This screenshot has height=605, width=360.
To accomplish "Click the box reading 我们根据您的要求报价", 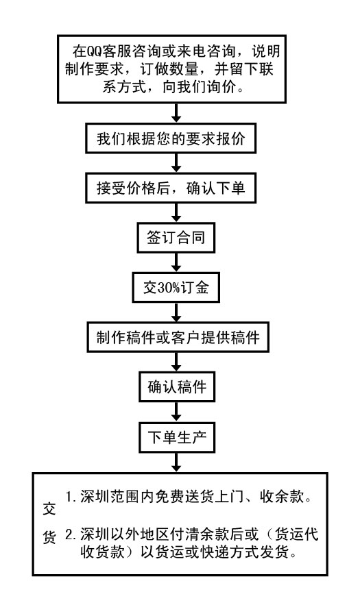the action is (x=171, y=138).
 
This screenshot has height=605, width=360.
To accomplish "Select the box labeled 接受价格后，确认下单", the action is (x=171, y=188).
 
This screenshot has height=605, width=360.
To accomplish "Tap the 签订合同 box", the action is (x=176, y=238).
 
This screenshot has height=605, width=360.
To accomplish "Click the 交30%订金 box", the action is (x=176, y=288).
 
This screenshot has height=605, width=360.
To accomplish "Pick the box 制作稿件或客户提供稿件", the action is (x=178, y=337).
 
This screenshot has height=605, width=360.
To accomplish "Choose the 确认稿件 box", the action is (x=177, y=386).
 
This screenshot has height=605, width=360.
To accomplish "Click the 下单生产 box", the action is (x=177, y=438).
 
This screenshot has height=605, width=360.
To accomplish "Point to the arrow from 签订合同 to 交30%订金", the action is (x=176, y=262).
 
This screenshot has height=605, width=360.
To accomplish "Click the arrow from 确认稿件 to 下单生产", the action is (x=176, y=412).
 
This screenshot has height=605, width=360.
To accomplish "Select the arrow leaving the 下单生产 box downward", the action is (x=176, y=462).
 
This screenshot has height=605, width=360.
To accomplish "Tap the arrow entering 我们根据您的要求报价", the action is (x=176, y=113).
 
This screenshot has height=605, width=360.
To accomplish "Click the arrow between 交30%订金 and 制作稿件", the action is (x=176, y=312).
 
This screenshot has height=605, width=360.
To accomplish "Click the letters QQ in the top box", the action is (x=94, y=51).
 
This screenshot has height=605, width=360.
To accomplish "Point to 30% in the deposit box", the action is (x=167, y=288).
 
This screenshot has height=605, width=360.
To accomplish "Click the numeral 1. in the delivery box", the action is (x=71, y=497).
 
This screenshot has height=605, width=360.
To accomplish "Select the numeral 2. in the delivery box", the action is (x=71, y=534).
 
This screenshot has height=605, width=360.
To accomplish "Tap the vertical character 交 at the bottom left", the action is (x=49, y=509).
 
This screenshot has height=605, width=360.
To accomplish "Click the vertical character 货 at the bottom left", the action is (x=49, y=536).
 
